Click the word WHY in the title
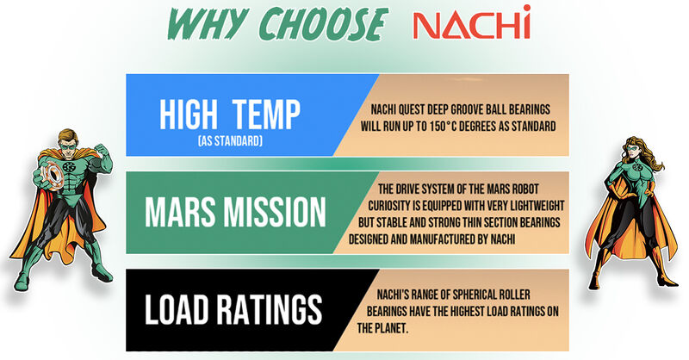(x=206, y=25)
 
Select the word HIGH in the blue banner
(x=188, y=115)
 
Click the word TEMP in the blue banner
(x=266, y=115)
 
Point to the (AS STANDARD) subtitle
(x=230, y=141)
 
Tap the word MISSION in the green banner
(x=274, y=213)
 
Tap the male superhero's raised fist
(x=101, y=151)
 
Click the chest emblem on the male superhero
(x=68, y=166)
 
